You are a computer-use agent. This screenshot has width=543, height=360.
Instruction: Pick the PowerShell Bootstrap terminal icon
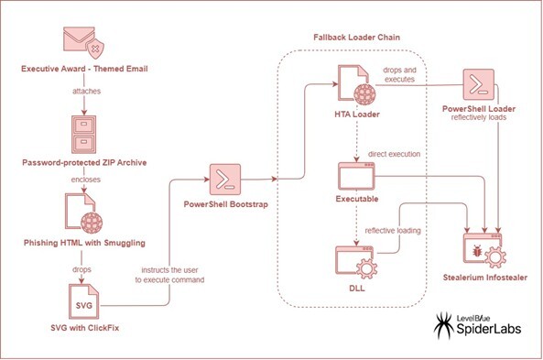click(x=226, y=180)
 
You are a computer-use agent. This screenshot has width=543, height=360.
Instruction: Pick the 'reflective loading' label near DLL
click(x=395, y=231)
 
